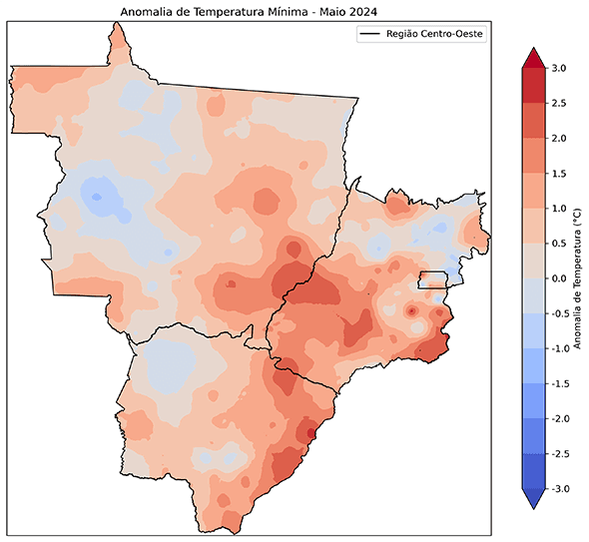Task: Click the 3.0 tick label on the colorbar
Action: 558,68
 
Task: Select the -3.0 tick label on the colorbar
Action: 560,488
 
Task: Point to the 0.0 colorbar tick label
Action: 558,277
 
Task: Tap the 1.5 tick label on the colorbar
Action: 558,173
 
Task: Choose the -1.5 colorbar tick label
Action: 560,383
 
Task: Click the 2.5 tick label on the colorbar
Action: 558,103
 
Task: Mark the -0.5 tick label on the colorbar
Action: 560,313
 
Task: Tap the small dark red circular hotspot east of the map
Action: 411,311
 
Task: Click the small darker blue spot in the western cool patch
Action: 97,197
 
